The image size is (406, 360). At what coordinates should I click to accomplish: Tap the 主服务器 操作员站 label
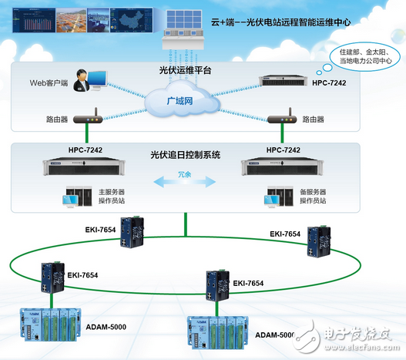pyautogui.click(x=110, y=197)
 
